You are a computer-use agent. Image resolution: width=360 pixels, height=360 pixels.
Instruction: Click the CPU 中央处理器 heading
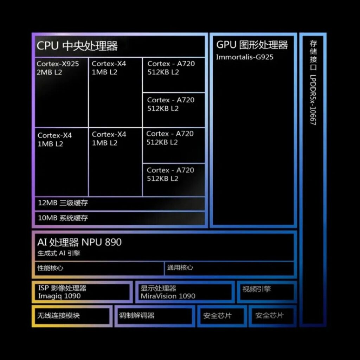(77, 46)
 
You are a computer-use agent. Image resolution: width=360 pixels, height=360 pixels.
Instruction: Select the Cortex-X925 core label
(58, 64)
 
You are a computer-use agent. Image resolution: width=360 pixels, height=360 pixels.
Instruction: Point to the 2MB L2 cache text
(49, 72)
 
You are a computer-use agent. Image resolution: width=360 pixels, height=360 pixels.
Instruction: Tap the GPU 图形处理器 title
(252, 45)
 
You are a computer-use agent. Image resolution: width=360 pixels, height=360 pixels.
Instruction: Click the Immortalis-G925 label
(244, 57)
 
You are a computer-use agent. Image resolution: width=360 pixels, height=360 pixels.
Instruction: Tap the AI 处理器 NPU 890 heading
(79, 242)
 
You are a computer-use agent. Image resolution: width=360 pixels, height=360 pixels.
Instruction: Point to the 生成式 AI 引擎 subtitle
(59, 253)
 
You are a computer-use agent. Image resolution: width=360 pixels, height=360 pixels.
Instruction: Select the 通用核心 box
(229, 268)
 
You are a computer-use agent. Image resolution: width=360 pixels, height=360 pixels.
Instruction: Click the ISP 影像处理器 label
(62, 288)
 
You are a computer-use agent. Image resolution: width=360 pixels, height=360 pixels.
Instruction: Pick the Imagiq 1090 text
(59, 296)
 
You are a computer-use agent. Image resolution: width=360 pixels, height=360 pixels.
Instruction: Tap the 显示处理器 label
(158, 288)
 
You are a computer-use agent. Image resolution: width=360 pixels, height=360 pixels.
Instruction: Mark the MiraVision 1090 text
(168, 296)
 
